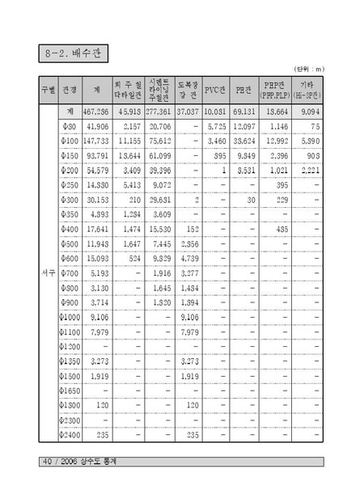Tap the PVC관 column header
(215, 88)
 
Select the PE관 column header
(244, 88)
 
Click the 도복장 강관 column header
(188, 88)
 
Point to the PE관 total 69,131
(244, 111)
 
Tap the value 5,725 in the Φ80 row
(215, 128)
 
